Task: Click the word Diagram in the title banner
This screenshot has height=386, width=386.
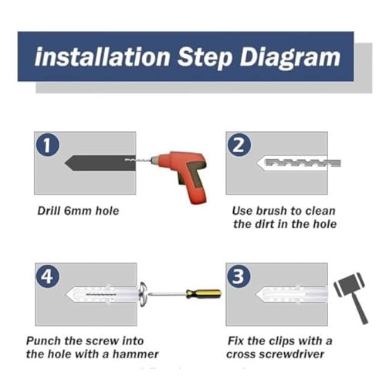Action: (x=290, y=58)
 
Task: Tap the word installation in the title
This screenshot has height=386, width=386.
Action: (x=102, y=56)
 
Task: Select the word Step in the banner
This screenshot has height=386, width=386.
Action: (x=205, y=58)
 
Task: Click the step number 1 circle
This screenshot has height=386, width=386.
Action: (x=47, y=144)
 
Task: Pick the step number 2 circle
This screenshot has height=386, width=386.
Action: (x=239, y=144)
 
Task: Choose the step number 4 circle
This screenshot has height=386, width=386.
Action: (x=48, y=277)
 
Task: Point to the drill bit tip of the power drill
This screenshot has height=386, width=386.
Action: (x=126, y=160)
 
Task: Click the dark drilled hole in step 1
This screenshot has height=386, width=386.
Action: (x=100, y=164)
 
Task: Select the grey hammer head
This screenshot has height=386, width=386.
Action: (x=349, y=285)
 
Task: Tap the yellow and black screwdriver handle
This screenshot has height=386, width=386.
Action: (x=204, y=293)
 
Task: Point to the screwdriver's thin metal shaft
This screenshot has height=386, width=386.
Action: (x=168, y=294)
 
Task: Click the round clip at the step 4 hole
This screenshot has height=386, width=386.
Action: (x=143, y=294)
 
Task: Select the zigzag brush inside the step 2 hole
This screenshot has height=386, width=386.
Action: (x=303, y=163)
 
